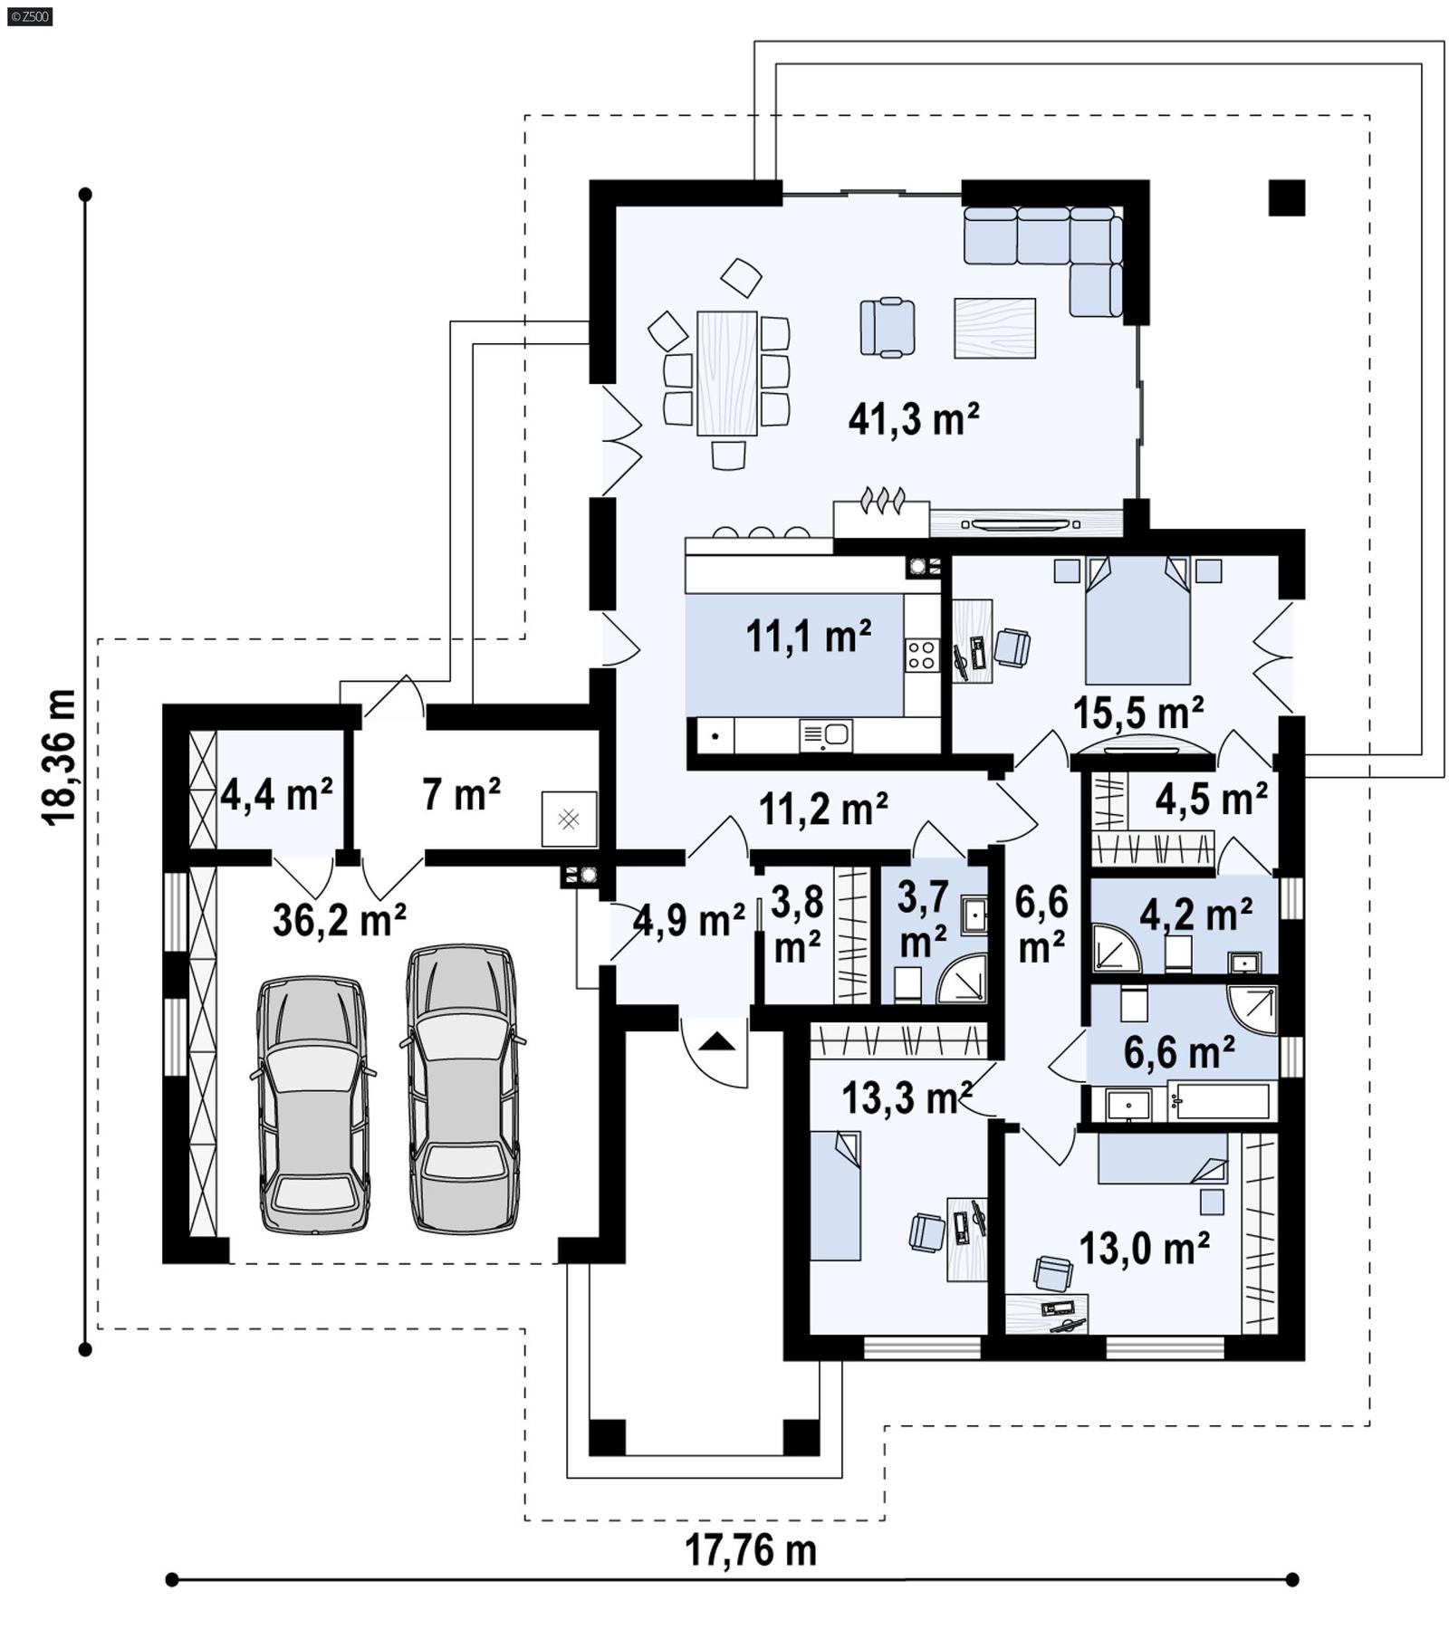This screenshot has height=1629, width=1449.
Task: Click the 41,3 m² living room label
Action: point(913,420)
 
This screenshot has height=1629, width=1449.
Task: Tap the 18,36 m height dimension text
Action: point(59,757)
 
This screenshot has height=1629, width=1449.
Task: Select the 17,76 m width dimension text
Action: point(750,1550)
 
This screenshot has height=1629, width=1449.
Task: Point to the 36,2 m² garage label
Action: point(339,921)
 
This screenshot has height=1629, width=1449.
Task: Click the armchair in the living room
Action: point(887,327)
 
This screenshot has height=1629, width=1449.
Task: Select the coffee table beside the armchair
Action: point(994,329)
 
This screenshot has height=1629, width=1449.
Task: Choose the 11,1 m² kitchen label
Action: point(808,637)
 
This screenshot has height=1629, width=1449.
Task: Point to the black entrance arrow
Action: point(718,1041)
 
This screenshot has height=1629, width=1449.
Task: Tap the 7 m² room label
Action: point(461,795)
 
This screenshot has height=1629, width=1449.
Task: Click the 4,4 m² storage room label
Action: point(276,795)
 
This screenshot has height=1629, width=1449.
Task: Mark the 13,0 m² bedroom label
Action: point(1144,1249)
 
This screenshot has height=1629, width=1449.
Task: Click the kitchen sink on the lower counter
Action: point(825,735)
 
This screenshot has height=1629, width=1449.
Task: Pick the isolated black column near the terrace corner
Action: point(1286,197)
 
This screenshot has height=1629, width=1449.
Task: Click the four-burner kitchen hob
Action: point(922,655)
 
